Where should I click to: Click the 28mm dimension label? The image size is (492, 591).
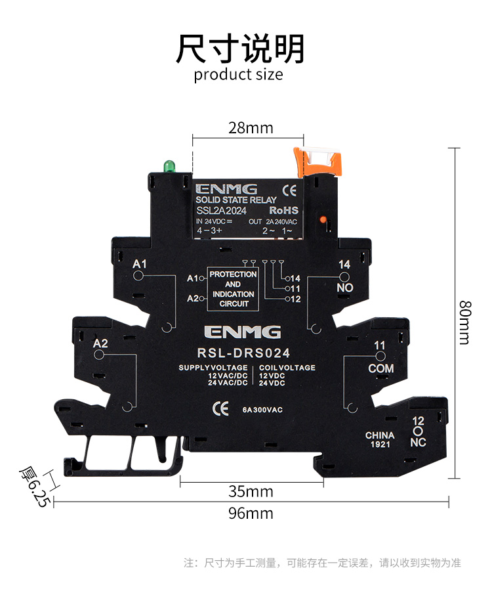pos(251,127)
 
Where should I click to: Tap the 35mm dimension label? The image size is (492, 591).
pos(251,491)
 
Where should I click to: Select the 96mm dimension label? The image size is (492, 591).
pos(251,513)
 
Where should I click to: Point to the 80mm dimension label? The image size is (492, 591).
pos(464,322)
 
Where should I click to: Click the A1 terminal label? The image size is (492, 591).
pos(139,264)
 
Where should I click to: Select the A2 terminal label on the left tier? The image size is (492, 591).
pos(100,343)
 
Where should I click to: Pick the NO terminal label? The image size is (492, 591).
pos(344,288)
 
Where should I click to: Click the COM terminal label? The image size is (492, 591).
pos(380,368)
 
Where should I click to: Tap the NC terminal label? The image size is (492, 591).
pos(418,442)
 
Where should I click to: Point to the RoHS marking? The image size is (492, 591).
pos(283,210)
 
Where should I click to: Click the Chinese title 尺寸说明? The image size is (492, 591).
pos(240,48)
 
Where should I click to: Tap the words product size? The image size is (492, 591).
pos(239,74)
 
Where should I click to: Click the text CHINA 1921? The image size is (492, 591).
pos(380,440)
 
